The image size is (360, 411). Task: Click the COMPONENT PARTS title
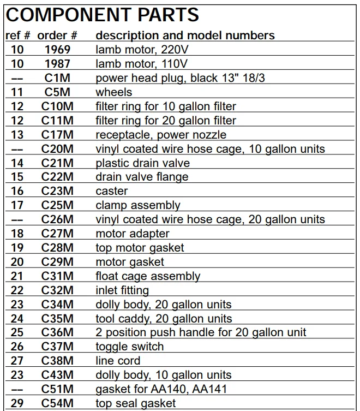[103, 14]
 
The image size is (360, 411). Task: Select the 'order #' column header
[57, 35]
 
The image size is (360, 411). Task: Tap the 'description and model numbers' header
[185, 35]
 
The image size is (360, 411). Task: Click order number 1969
[57, 50]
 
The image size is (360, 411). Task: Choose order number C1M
[57, 78]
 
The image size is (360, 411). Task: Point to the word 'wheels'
[114, 92]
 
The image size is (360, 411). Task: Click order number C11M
[57, 121]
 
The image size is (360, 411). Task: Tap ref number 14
[17, 163]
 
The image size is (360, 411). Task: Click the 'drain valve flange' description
[142, 177]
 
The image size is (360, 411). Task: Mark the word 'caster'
[112, 191]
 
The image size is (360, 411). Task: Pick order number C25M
[57, 205]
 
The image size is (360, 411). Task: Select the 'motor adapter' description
[133, 234]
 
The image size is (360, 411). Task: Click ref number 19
[17, 248]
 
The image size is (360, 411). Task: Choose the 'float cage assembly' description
[148, 276]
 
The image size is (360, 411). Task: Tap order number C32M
[57, 290]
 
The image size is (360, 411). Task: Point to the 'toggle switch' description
[130, 347]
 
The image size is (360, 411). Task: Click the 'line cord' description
[118, 361]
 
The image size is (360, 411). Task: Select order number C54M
[57, 403]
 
